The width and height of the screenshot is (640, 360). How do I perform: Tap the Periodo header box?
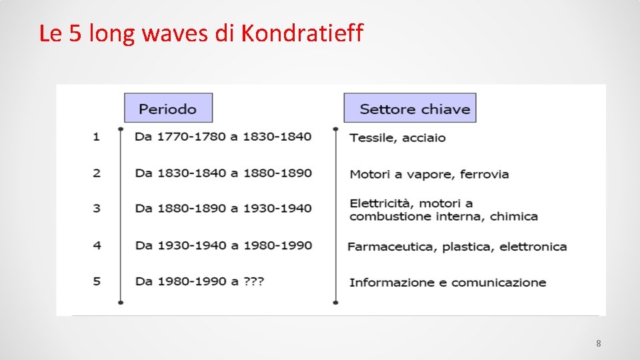point(168,108)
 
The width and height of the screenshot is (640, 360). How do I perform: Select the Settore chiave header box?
point(410,108)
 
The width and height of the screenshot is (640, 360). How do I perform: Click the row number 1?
point(97,137)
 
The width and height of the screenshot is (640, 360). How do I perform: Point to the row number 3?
point(97,208)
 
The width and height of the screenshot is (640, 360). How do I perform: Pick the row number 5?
point(97,281)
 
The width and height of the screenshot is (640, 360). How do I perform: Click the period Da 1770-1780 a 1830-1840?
point(223,137)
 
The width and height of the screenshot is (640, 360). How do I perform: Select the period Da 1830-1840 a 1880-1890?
point(223,173)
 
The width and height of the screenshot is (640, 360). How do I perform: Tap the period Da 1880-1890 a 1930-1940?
point(223,208)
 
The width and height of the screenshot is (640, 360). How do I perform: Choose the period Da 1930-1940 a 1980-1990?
point(223,245)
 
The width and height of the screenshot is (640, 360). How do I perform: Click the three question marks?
point(253,281)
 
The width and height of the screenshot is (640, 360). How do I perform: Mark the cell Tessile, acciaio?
point(397,138)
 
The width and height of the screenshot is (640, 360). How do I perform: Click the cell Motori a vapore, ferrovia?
point(429,175)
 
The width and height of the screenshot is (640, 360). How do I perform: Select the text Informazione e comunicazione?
point(447,283)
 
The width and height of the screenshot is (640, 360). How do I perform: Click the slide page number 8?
point(598,344)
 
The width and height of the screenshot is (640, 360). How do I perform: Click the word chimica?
point(513,217)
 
